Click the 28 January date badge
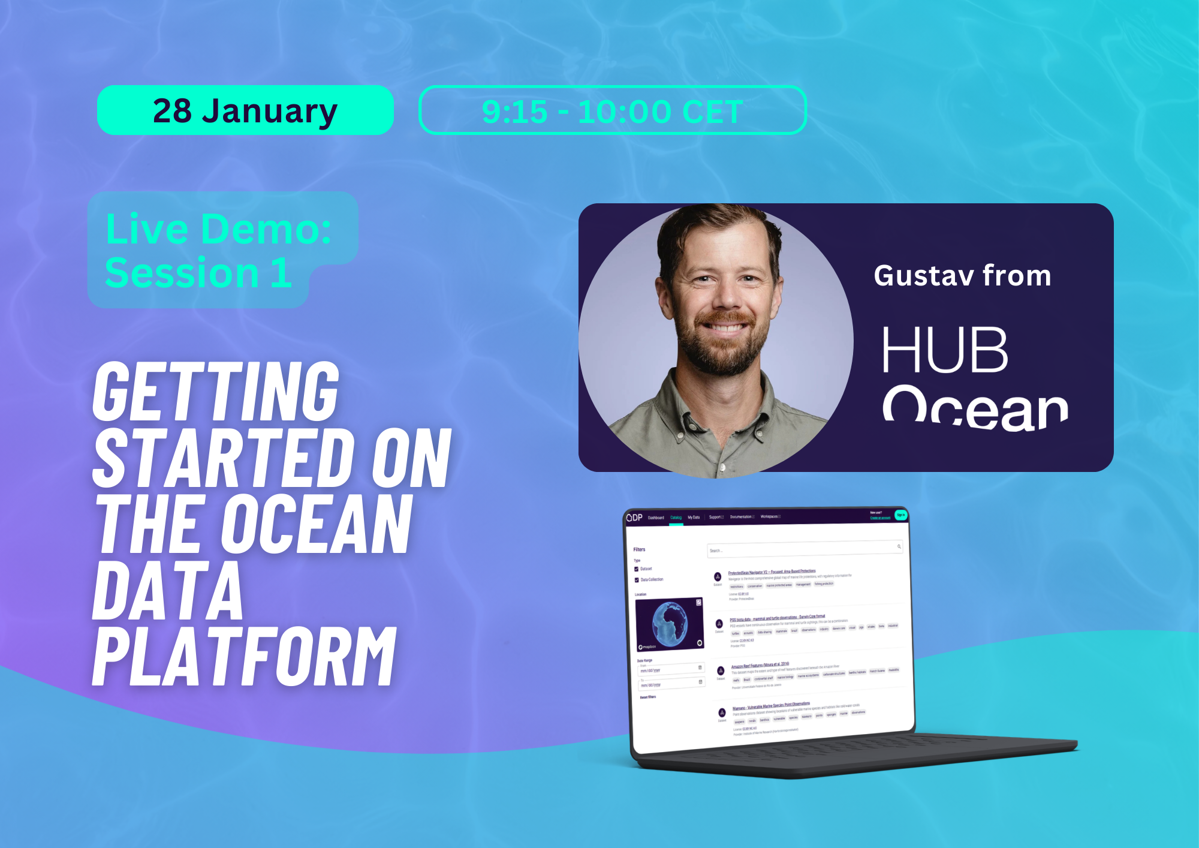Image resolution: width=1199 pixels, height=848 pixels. (x=245, y=110)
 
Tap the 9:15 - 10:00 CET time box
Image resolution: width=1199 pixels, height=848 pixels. (x=612, y=111)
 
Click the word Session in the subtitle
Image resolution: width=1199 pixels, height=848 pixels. (x=182, y=273)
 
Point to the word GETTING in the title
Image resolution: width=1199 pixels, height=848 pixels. (x=216, y=392)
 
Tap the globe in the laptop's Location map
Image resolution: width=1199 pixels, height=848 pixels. (x=670, y=623)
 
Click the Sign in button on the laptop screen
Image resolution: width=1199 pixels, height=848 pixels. (x=900, y=515)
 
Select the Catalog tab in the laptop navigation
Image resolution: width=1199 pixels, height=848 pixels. (x=676, y=518)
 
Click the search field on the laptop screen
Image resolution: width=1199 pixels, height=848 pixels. (x=803, y=549)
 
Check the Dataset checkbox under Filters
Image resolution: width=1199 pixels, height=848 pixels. (x=636, y=569)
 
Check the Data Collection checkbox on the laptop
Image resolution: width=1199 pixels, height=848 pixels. (x=637, y=580)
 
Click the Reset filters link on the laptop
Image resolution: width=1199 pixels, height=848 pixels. (x=647, y=697)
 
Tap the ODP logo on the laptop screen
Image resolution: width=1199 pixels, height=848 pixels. (x=634, y=518)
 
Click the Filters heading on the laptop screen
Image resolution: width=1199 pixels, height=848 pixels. (x=639, y=549)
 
